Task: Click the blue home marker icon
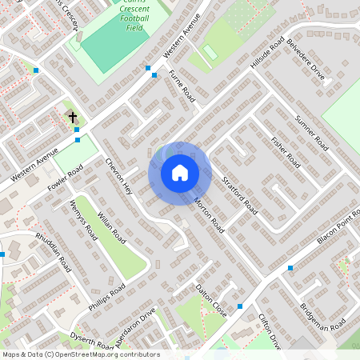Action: coord(180,172)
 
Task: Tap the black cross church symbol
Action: coord(73,117)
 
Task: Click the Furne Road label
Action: coord(182,86)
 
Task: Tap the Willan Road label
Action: coord(111,226)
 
